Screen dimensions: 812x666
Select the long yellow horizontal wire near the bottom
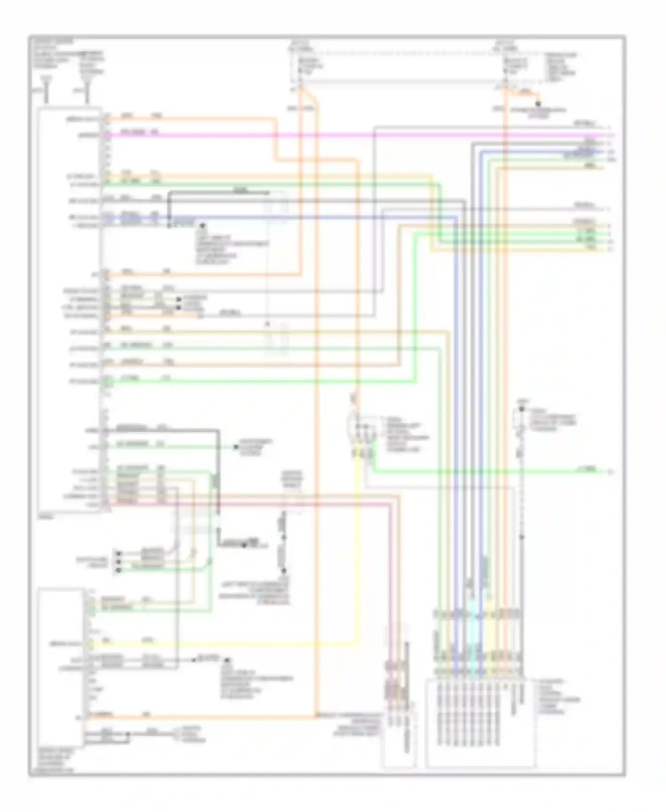(x=222, y=643)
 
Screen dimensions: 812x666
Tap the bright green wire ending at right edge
(x=488, y=471)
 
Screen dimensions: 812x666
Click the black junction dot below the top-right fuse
(x=538, y=104)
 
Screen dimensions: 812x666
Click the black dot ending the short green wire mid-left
(x=236, y=447)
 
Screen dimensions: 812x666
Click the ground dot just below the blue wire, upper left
(x=202, y=226)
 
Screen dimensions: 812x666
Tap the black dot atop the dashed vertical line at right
(x=522, y=409)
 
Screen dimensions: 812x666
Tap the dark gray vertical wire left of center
(x=218, y=489)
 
